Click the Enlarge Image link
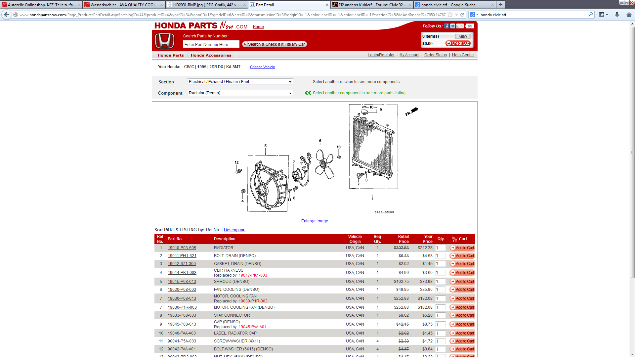click(314, 221)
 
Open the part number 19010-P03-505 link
click(182, 248)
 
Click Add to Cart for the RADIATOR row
click(462, 248)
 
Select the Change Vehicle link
click(262, 67)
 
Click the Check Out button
click(458, 43)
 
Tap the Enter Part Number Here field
click(211, 44)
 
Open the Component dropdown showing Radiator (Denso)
click(240, 93)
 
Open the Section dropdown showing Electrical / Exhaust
click(240, 82)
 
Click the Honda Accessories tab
click(211, 55)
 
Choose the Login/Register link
click(381, 55)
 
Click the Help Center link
click(463, 55)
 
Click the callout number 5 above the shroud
click(265, 146)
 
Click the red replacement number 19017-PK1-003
click(253, 275)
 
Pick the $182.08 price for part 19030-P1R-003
click(425, 307)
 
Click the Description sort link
click(234, 230)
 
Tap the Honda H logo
click(165, 41)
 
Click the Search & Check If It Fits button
click(275, 44)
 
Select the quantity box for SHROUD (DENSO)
click(440, 282)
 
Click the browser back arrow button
click(7, 15)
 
